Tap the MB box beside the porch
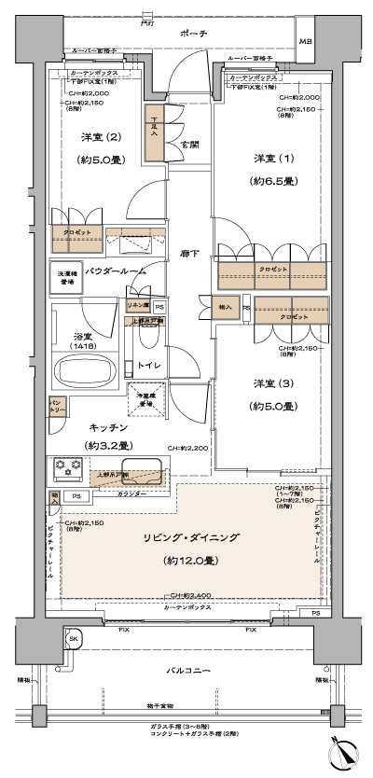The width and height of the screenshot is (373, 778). [306, 44]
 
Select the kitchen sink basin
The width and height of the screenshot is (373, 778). [140, 475]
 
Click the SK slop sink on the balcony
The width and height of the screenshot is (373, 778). [72, 637]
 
